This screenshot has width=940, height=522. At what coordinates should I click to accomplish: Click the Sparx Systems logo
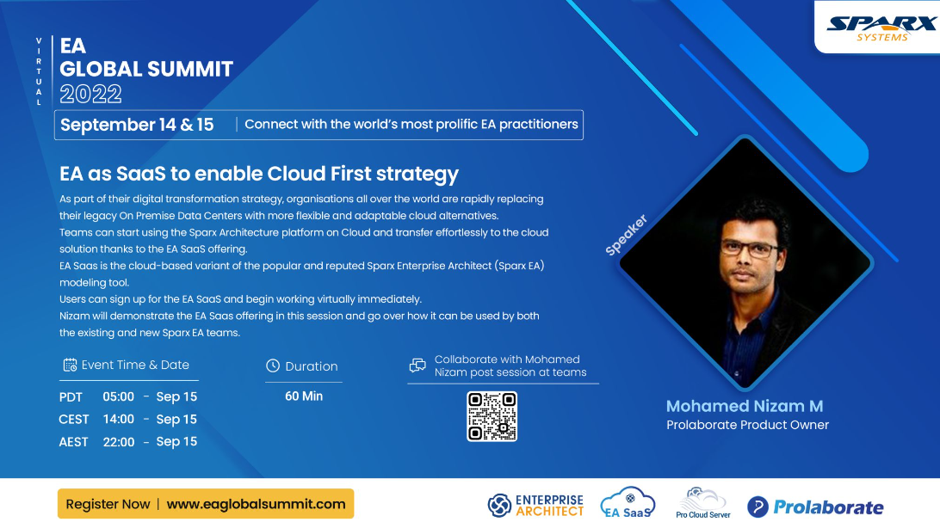pyautogui.click(x=881, y=28)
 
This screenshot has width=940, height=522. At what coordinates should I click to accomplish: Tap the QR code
pyautogui.click(x=492, y=416)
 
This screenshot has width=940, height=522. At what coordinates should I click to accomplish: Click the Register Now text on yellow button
pyautogui.click(x=108, y=504)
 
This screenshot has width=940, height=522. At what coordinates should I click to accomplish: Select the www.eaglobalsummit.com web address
pyautogui.click(x=256, y=504)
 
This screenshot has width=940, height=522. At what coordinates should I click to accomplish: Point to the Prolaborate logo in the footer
pyautogui.click(x=815, y=507)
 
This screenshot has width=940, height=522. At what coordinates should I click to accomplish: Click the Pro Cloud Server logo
pyautogui.click(x=703, y=503)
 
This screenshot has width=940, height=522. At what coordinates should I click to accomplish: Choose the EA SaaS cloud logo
pyautogui.click(x=628, y=502)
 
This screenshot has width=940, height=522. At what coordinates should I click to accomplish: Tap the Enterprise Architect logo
pyautogui.click(x=535, y=506)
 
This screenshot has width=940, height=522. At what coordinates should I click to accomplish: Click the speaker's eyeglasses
pyautogui.click(x=750, y=248)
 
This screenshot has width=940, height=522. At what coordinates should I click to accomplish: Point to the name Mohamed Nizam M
pyautogui.click(x=745, y=406)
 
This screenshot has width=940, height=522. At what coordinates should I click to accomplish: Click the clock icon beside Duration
pyautogui.click(x=273, y=365)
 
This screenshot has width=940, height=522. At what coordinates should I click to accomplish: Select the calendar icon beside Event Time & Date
pyautogui.click(x=70, y=365)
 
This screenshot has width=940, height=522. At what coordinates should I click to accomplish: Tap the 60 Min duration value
pyautogui.click(x=304, y=396)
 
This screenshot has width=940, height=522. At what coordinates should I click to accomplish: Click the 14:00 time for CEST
pyautogui.click(x=119, y=419)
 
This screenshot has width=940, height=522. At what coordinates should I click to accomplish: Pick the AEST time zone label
pyautogui.click(x=73, y=442)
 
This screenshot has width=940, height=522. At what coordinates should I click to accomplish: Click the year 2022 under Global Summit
pyautogui.click(x=90, y=94)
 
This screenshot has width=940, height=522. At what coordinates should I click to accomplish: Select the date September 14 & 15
pyautogui.click(x=137, y=125)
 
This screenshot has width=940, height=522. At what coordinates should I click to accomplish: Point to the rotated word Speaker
pyautogui.click(x=626, y=235)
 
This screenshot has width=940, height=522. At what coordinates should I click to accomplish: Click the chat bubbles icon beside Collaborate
pyautogui.click(x=417, y=365)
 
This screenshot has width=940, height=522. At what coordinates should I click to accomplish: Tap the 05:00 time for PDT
pyautogui.click(x=119, y=397)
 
